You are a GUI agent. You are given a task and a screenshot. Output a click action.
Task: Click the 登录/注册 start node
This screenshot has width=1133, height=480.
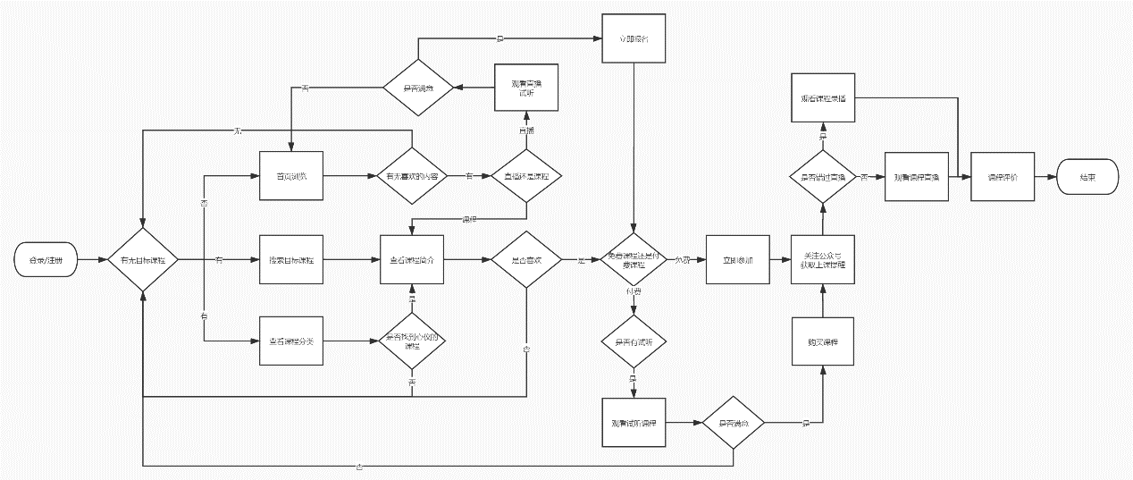(x=46, y=260)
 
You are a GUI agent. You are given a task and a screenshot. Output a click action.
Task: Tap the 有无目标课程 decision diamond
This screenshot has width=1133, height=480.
(x=143, y=260)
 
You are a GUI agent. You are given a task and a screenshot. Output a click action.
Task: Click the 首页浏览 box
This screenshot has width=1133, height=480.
(x=290, y=177)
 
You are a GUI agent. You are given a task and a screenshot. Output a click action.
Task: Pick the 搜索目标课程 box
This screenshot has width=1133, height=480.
(x=290, y=260)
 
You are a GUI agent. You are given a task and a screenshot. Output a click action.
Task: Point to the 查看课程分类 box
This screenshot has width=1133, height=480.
(x=290, y=341)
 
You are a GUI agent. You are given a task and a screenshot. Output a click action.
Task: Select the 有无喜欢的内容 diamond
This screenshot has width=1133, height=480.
(x=411, y=177)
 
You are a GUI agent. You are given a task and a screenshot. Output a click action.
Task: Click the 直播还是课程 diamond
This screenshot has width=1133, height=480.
(x=526, y=177)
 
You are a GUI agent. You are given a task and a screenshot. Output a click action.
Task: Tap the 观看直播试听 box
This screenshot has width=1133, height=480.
(x=526, y=88)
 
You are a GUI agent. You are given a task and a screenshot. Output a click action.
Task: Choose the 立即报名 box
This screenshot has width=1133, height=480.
(x=634, y=39)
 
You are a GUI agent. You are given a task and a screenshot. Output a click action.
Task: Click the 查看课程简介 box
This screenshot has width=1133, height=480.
(x=412, y=260)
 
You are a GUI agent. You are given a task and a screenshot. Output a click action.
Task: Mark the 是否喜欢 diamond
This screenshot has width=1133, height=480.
(x=526, y=260)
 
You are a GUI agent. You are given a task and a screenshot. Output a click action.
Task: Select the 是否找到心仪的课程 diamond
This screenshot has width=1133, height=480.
(x=412, y=341)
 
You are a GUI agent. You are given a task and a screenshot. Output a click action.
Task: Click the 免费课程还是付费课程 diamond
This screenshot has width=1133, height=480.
(x=634, y=260)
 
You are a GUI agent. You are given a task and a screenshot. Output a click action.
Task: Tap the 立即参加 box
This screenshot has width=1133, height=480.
(x=737, y=260)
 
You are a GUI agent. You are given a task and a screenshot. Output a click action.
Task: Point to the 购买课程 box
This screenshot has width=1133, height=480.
(x=823, y=341)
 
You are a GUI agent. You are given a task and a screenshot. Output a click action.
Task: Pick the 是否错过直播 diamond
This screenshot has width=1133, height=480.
(x=823, y=177)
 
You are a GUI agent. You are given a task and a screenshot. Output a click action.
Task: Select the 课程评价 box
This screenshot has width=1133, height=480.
(x=1003, y=177)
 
